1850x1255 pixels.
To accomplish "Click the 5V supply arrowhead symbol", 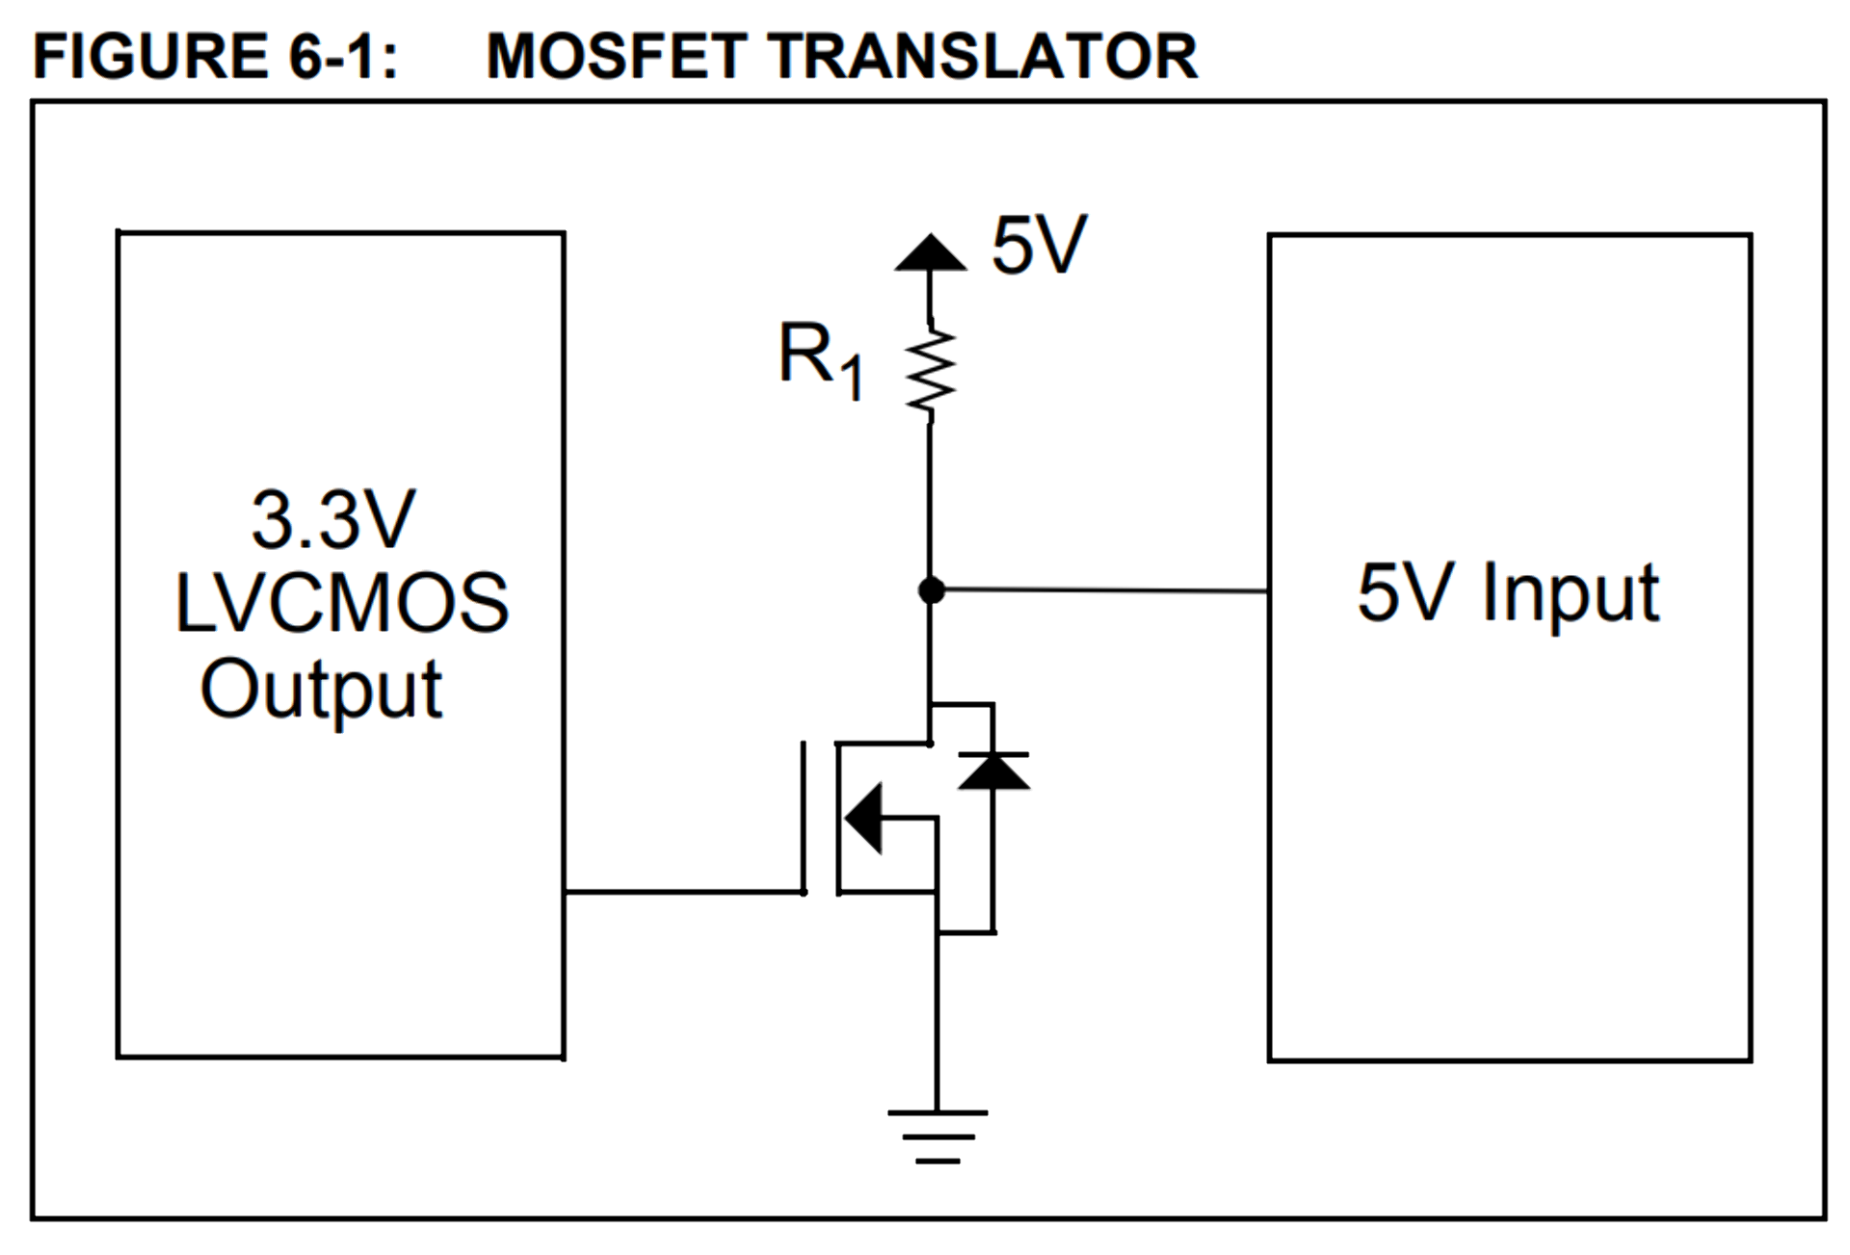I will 930,253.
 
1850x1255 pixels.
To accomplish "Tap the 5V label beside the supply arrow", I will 1039,246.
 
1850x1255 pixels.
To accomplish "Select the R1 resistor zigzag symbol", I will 931,374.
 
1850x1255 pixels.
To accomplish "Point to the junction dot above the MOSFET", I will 931,589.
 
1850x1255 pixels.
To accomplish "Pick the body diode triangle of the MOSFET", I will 993,771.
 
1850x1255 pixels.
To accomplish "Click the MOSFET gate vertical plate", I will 804,817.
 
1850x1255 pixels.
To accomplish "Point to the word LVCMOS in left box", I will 341,604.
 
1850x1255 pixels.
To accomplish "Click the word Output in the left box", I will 321,690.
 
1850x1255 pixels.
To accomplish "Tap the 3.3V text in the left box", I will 332,520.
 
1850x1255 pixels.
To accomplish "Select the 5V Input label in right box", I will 1508,593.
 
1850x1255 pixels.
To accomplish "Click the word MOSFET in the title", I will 617,56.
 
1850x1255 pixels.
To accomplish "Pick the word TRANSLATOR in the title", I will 983,56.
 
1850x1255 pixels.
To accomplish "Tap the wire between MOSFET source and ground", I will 937,1021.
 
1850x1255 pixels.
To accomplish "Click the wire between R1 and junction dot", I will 930,501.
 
